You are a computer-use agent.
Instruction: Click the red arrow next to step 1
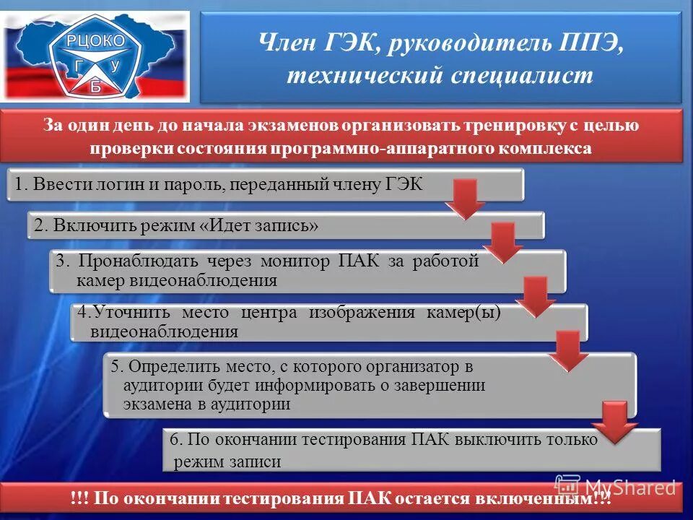click(465, 199)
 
